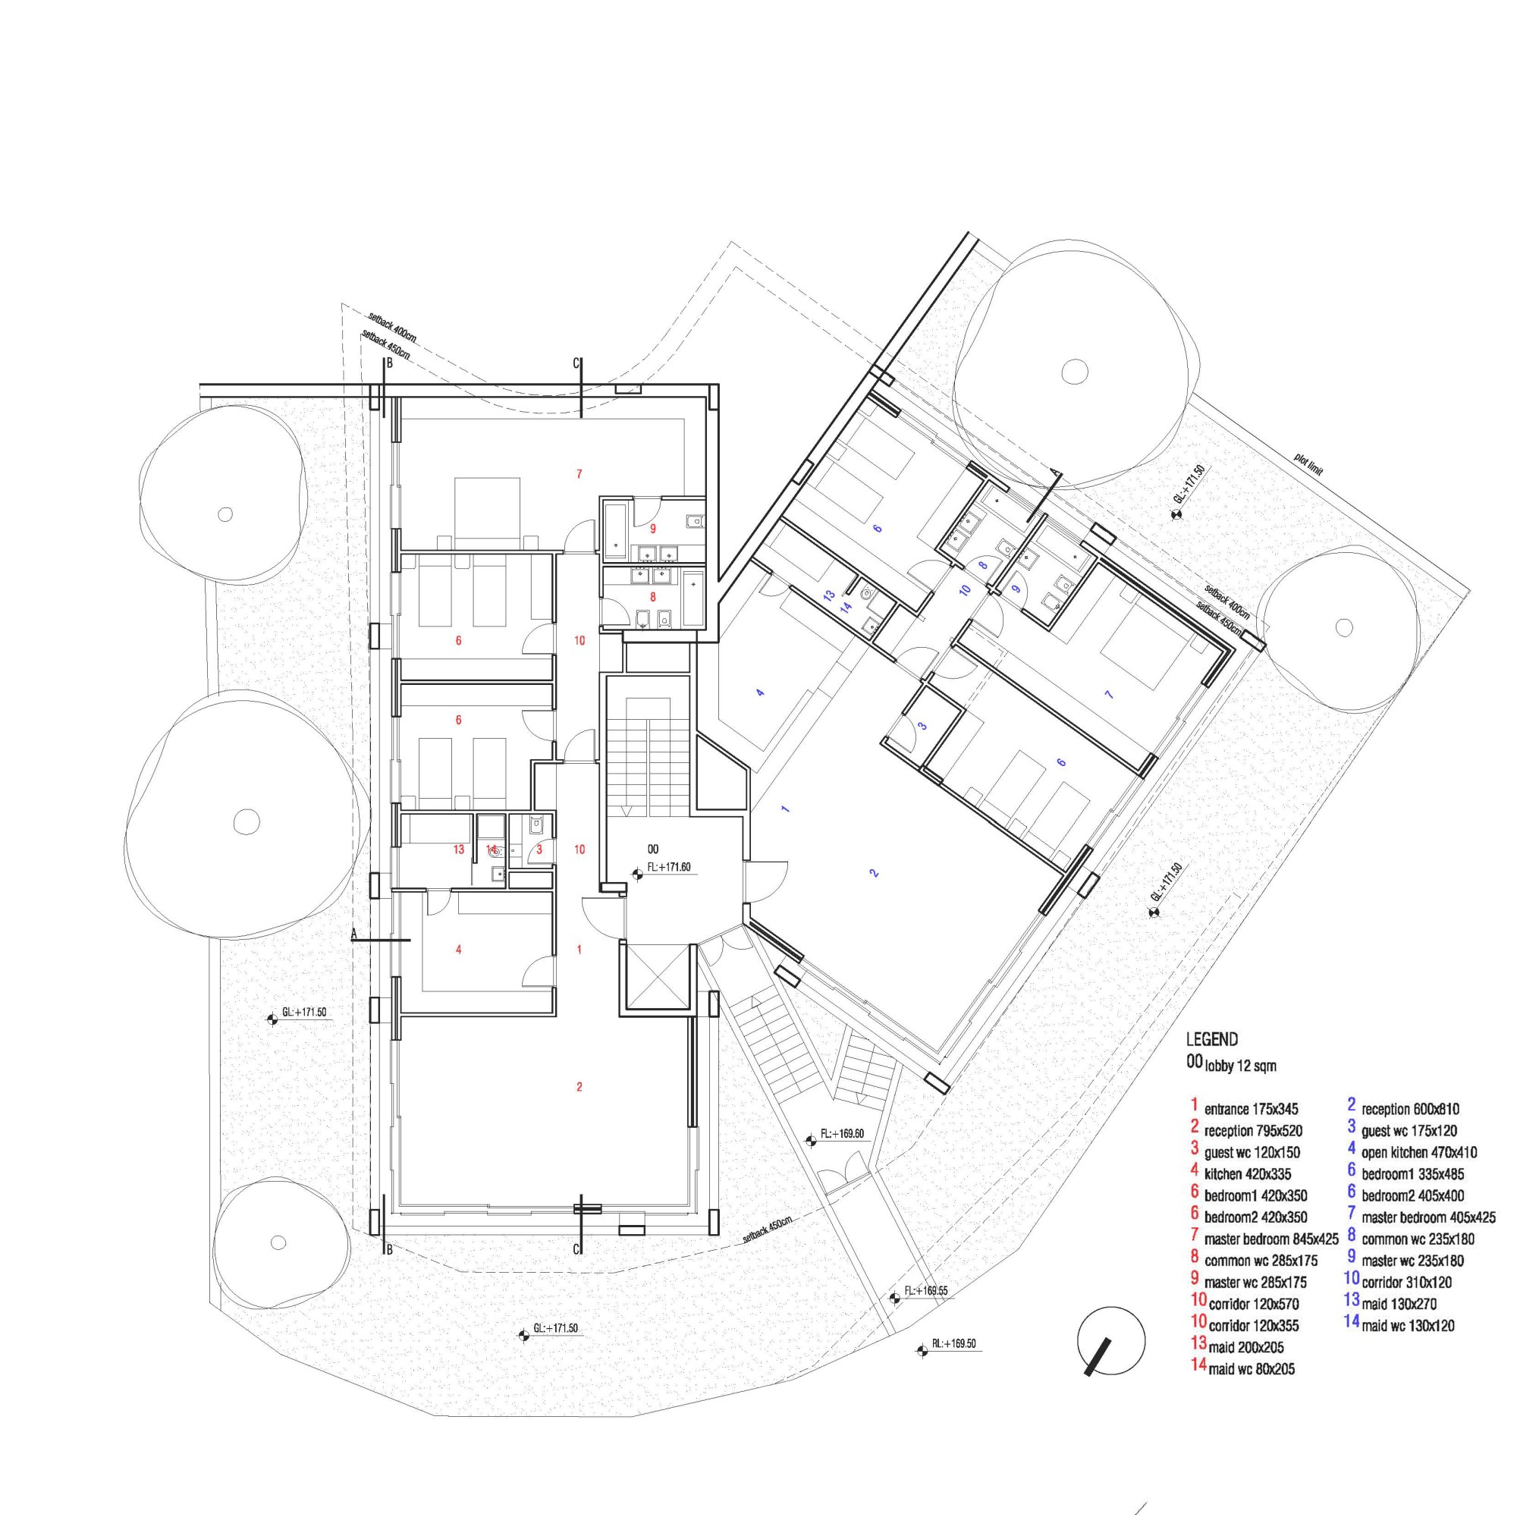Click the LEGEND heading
coord(1211,1040)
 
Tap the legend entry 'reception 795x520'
coord(1253,1132)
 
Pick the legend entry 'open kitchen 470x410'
coord(1419,1153)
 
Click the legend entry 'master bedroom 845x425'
coord(1271,1240)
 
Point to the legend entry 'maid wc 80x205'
coord(1252,1369)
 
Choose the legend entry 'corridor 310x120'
coord(1409,1282)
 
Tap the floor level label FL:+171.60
coord(668,868)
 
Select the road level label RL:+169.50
coord(953,1343)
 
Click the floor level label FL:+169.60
coord(842,1134)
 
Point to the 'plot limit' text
coord(1309,464)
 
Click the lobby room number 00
coord(652,849)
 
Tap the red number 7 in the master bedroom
coord(579,473)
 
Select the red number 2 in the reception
coord(579,1087)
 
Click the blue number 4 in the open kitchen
coord(759,693)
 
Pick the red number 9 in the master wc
coord(652,529)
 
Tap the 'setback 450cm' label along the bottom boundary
coord(768,1232)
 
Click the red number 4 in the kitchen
coord(459,950)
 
